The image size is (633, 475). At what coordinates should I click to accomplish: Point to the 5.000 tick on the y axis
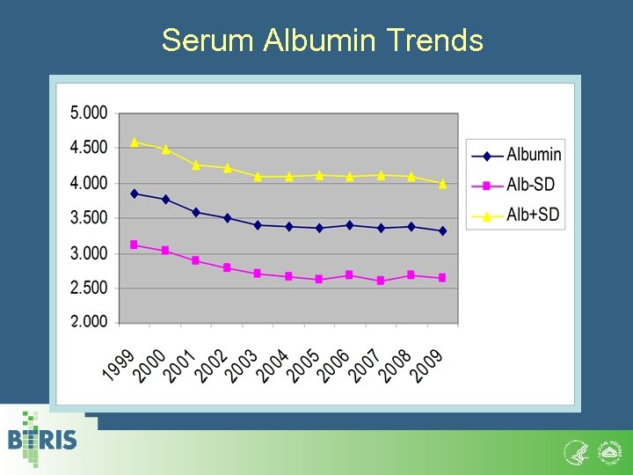[x=88, y=113]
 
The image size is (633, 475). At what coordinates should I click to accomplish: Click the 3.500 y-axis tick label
[x=88, y=217]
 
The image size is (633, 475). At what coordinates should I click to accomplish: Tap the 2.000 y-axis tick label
[x=88, y=322]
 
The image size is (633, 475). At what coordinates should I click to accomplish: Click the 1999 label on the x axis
[x=120, y=364]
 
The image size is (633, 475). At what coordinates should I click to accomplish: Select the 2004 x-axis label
[x=273, y=364]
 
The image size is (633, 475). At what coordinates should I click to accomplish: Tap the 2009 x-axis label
[x=427, y=364]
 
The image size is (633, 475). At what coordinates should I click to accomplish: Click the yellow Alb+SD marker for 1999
[x=135, y=142]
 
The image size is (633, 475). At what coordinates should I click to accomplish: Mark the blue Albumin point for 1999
[x=135, y=194]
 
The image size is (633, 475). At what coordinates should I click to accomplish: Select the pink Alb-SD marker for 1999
[x=135, y=245]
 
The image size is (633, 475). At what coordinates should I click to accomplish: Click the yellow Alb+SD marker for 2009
[x=442, y=184]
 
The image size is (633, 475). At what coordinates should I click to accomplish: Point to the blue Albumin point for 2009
[x=442, y=230]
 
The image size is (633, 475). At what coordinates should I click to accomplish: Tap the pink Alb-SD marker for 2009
[x=442, y=277]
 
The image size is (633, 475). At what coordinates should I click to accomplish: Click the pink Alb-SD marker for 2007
[x=381, y=281]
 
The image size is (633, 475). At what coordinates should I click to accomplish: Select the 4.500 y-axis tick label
[x=88, y=148]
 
